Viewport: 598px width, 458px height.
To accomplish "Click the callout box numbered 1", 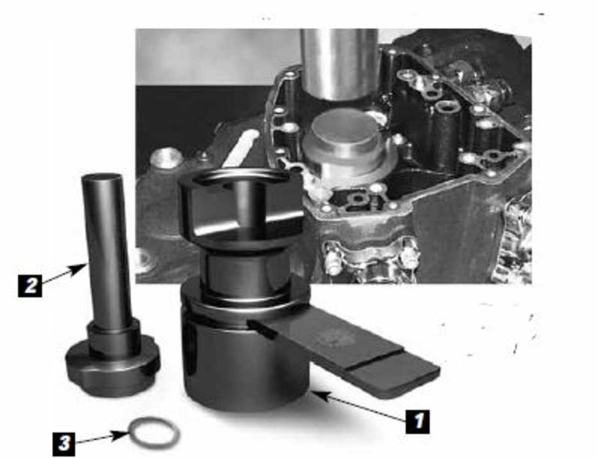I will click(x=417, y=421).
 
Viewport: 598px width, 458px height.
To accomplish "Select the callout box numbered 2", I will click(x=30, y=285).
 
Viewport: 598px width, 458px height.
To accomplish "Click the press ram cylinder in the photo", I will click(x=339, y=62).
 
